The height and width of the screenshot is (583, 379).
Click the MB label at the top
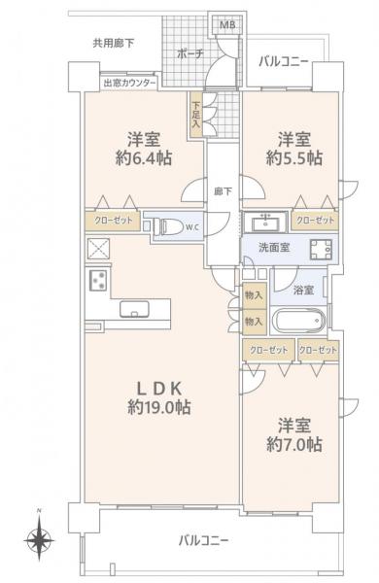click(x=226, y=25)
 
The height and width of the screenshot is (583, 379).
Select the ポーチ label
click(x=190, y=55)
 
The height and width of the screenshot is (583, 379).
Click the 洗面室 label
click(x=274, y=248)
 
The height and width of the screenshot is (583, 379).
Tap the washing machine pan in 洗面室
click(x=319, y=248)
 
